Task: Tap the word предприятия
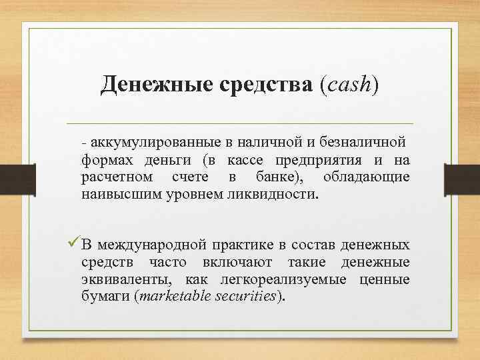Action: pos(333,160)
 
